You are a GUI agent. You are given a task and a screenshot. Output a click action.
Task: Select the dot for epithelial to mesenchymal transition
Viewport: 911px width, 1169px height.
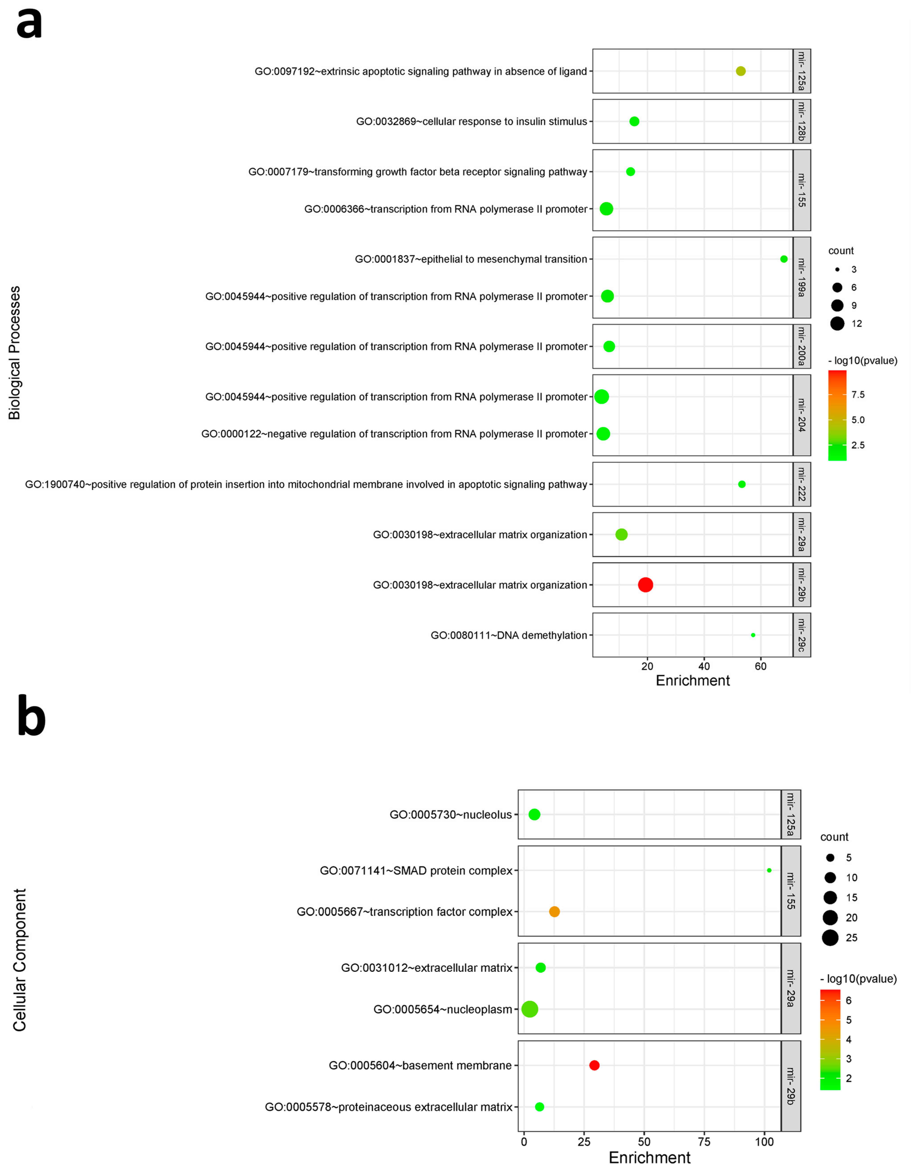point(784,259)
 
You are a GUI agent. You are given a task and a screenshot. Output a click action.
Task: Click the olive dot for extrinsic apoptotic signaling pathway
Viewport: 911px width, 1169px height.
point(740,71)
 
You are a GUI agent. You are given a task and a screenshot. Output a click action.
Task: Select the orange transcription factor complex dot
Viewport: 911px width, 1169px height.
point(554,912)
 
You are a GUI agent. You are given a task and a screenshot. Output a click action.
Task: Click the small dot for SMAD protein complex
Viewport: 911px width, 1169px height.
point(769,870)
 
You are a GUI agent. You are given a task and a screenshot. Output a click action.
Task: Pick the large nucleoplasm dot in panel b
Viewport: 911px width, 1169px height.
point(529,1009)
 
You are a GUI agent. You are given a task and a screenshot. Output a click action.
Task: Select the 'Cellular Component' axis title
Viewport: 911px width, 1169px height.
point(19,960)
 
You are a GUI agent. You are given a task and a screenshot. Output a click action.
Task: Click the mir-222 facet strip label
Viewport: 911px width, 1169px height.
point(801,484)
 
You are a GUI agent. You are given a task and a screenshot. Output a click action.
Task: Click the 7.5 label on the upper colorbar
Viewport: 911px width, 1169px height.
point(858,395)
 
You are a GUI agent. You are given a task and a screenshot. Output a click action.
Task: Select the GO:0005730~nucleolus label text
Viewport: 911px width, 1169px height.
point(450,815)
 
